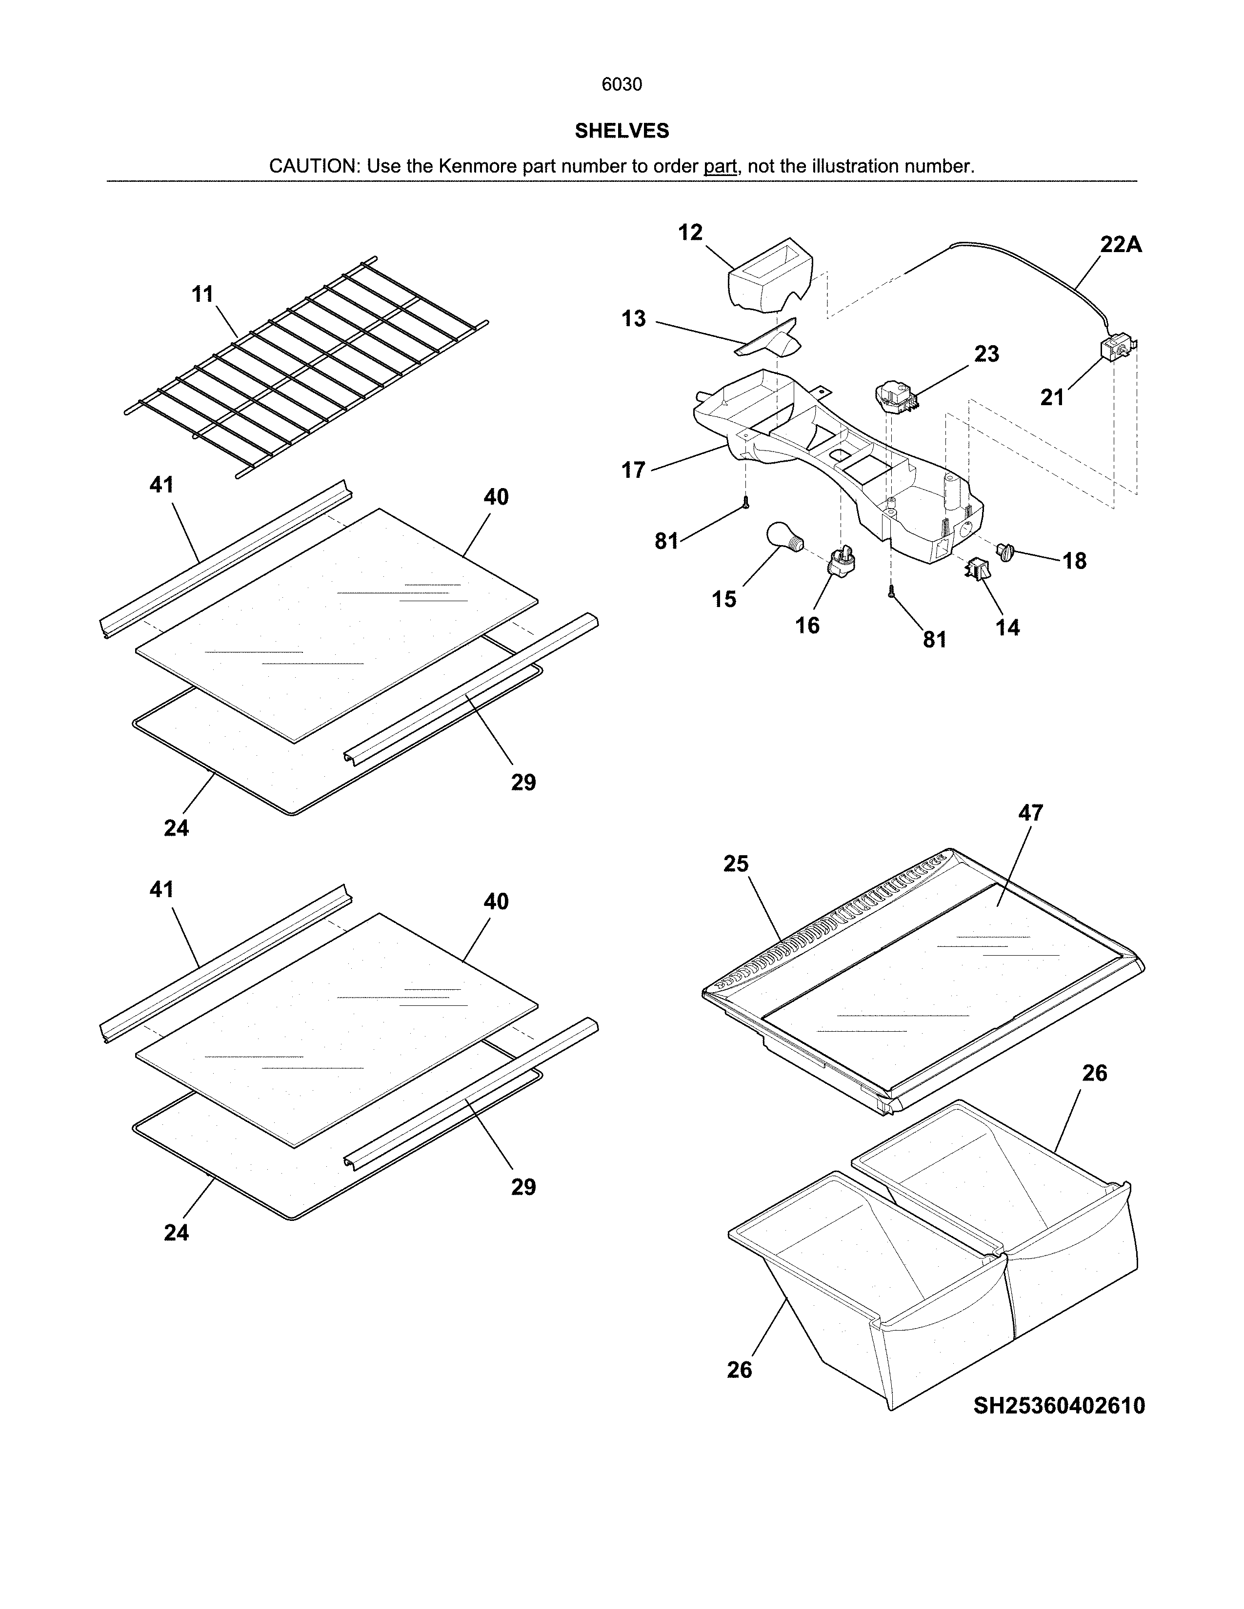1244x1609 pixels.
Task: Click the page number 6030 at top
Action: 621,85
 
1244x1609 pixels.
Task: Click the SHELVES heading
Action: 621,131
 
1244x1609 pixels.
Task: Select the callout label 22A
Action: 1120,245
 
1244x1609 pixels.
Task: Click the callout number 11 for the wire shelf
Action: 202,294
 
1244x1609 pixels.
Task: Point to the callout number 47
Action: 1030,813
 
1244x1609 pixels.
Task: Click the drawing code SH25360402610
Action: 1059,1406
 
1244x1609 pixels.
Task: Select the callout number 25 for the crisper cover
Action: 736,863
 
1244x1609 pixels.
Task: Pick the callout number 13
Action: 633,319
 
